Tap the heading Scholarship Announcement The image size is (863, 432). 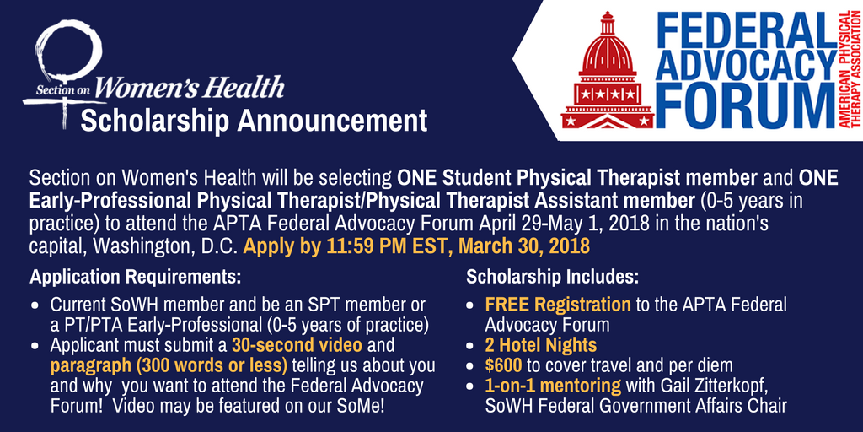tap(254, 121)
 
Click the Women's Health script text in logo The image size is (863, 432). tap(190, 86)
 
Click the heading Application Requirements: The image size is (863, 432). tap(136, 277)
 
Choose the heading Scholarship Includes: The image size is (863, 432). tap(553, 277)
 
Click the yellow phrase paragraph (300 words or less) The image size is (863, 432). tap(169, 365)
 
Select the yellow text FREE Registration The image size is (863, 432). tap(557, 304)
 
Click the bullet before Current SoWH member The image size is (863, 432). tap(35, 305)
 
